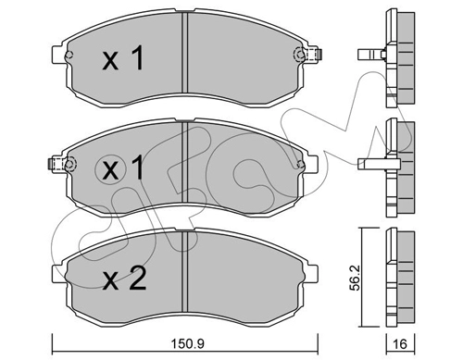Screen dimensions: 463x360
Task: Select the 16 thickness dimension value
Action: [x=401, y=343]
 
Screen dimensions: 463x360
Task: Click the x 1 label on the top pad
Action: [x=123, y=58]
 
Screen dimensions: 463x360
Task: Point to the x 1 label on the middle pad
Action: [x=123, y=168]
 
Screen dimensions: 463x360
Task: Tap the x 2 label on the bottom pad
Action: [x=124, y=279]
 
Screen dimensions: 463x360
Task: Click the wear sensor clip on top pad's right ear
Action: [x=314, y=55]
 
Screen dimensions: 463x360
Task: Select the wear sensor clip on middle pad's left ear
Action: [x=56, y=165]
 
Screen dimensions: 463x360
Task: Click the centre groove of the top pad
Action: [x=184, y=53]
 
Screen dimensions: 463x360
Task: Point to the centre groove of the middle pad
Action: [x=184, y=162]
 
